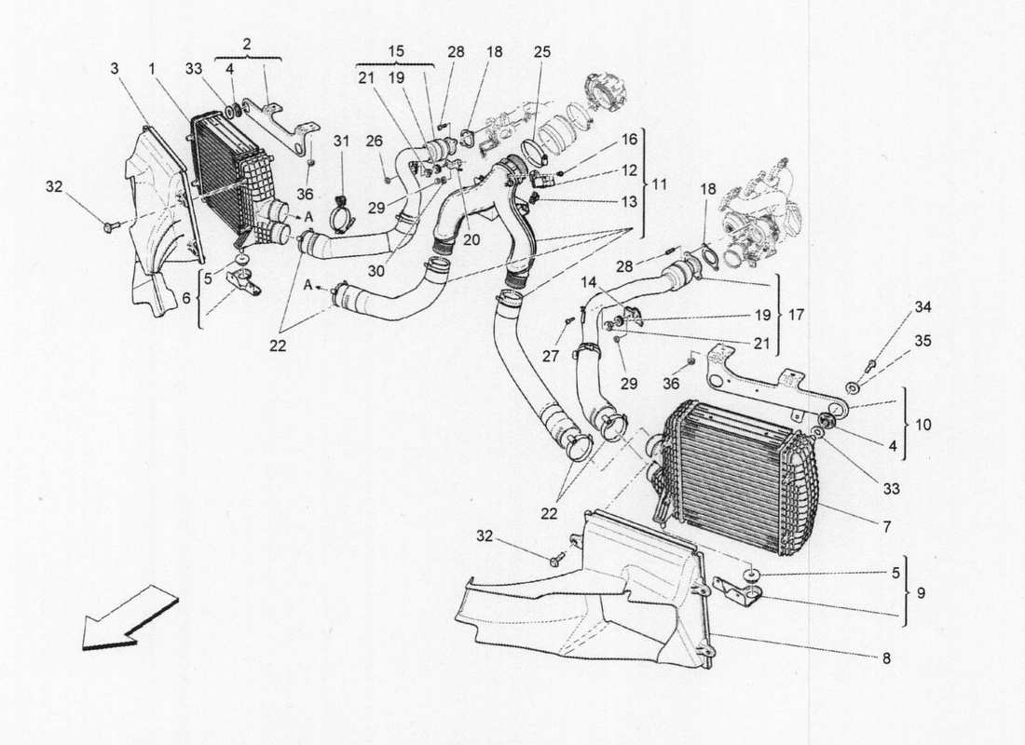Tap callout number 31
pyautogui.click(x=341, y=141)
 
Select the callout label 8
pyautogui.click(x=886, y=658)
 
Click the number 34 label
pyautogui.click(x=922, y=307)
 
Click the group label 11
pyautogui.click(x=659, y=184)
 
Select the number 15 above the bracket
pyautogui.click(x=395, y=51)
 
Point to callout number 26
pyautogui.click(x=374, y=141)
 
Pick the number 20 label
pyautogui.click(x=471, y=238)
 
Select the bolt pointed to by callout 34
pyautogui.click(x=870, y=364)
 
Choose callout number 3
pyautogui.click(x=114, y=69)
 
